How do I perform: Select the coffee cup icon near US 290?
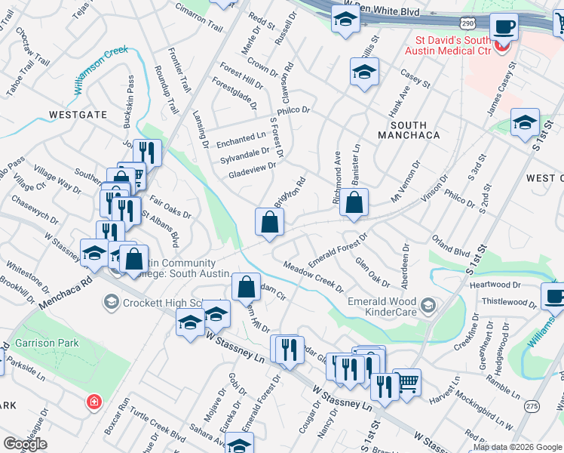tap(504, 27)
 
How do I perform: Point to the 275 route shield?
tap(533, 405)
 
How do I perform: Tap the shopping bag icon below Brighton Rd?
tap(269, 222)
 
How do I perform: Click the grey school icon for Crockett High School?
tap(111, 302)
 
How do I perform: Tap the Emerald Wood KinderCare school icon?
tap(429, 304)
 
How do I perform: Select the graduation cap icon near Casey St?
tap(364, 72)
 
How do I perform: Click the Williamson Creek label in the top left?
tap(102, 70)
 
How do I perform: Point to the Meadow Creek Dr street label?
tap(313, 278)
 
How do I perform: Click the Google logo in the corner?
tap(24, 444)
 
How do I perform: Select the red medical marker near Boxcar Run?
tap(94, 401)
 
